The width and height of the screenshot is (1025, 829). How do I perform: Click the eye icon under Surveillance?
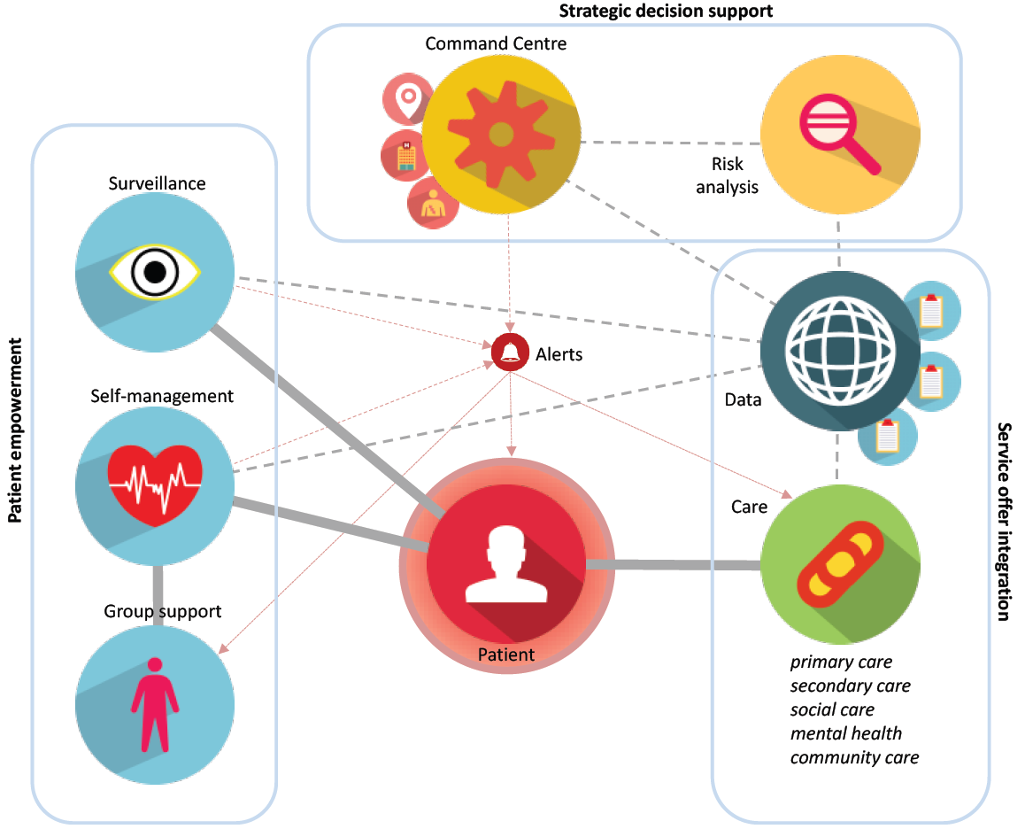155,270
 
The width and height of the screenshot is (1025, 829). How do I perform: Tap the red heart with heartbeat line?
155,484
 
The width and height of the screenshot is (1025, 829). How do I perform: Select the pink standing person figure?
155,704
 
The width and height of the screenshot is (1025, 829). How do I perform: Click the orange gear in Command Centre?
500,134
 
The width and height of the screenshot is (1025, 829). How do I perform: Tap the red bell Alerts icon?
510,353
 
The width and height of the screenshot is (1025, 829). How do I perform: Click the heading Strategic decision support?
666,12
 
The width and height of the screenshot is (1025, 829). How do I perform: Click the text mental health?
845,733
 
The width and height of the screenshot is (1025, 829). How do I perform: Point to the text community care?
854,757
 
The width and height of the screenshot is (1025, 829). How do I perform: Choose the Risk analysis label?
727,175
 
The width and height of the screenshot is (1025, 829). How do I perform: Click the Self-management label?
162,396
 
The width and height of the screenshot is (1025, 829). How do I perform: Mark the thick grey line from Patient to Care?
673,565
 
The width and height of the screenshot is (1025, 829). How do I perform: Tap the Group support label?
163,611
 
